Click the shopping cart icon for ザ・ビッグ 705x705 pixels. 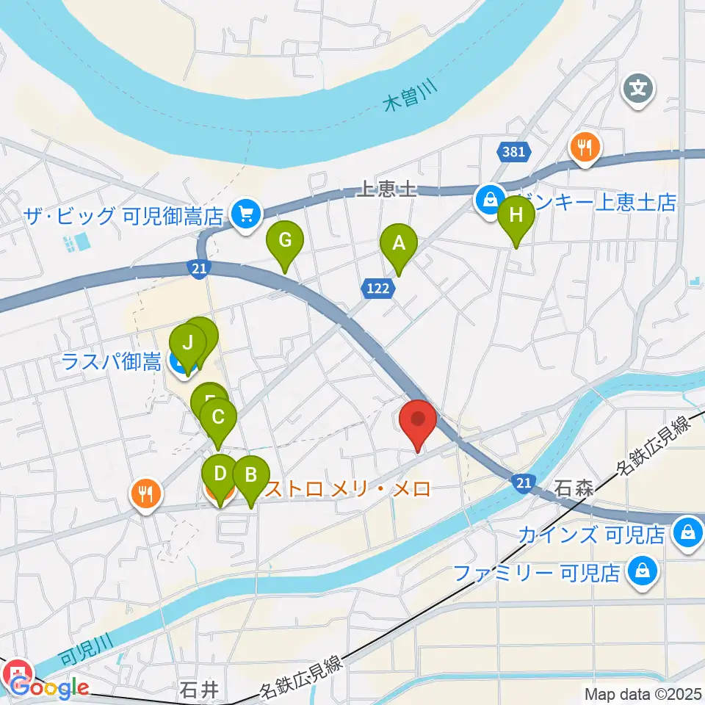[244, 215]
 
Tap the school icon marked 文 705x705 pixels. [639, 90]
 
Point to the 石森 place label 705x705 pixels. [574, 488]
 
